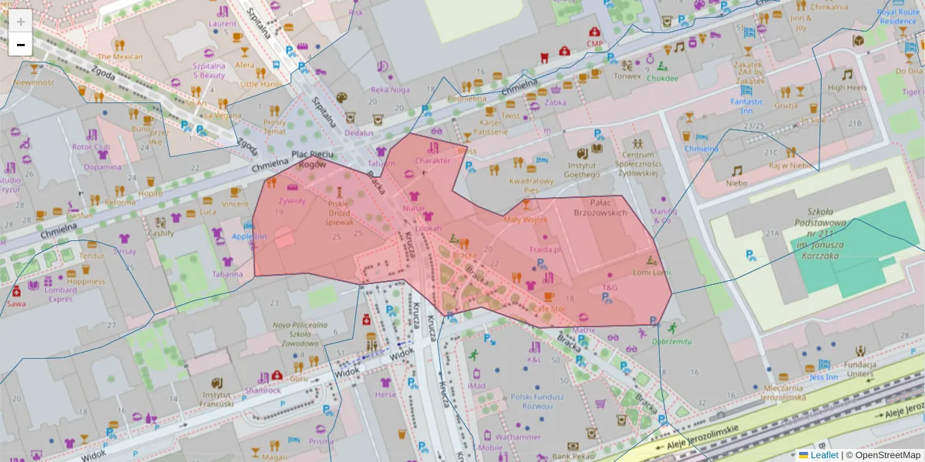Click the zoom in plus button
coord(21,21)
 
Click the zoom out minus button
coord(21,45)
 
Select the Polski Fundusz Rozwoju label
coord(538,401)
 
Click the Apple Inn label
coord(249,236)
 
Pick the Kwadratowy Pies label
coord(531,185)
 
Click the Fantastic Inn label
coord(747,106)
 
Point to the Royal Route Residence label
coord(898,17)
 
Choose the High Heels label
coord(847,88)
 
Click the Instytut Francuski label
coord(217,398)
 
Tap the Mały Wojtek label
coord(525,219)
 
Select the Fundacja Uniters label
coord(861,370)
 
